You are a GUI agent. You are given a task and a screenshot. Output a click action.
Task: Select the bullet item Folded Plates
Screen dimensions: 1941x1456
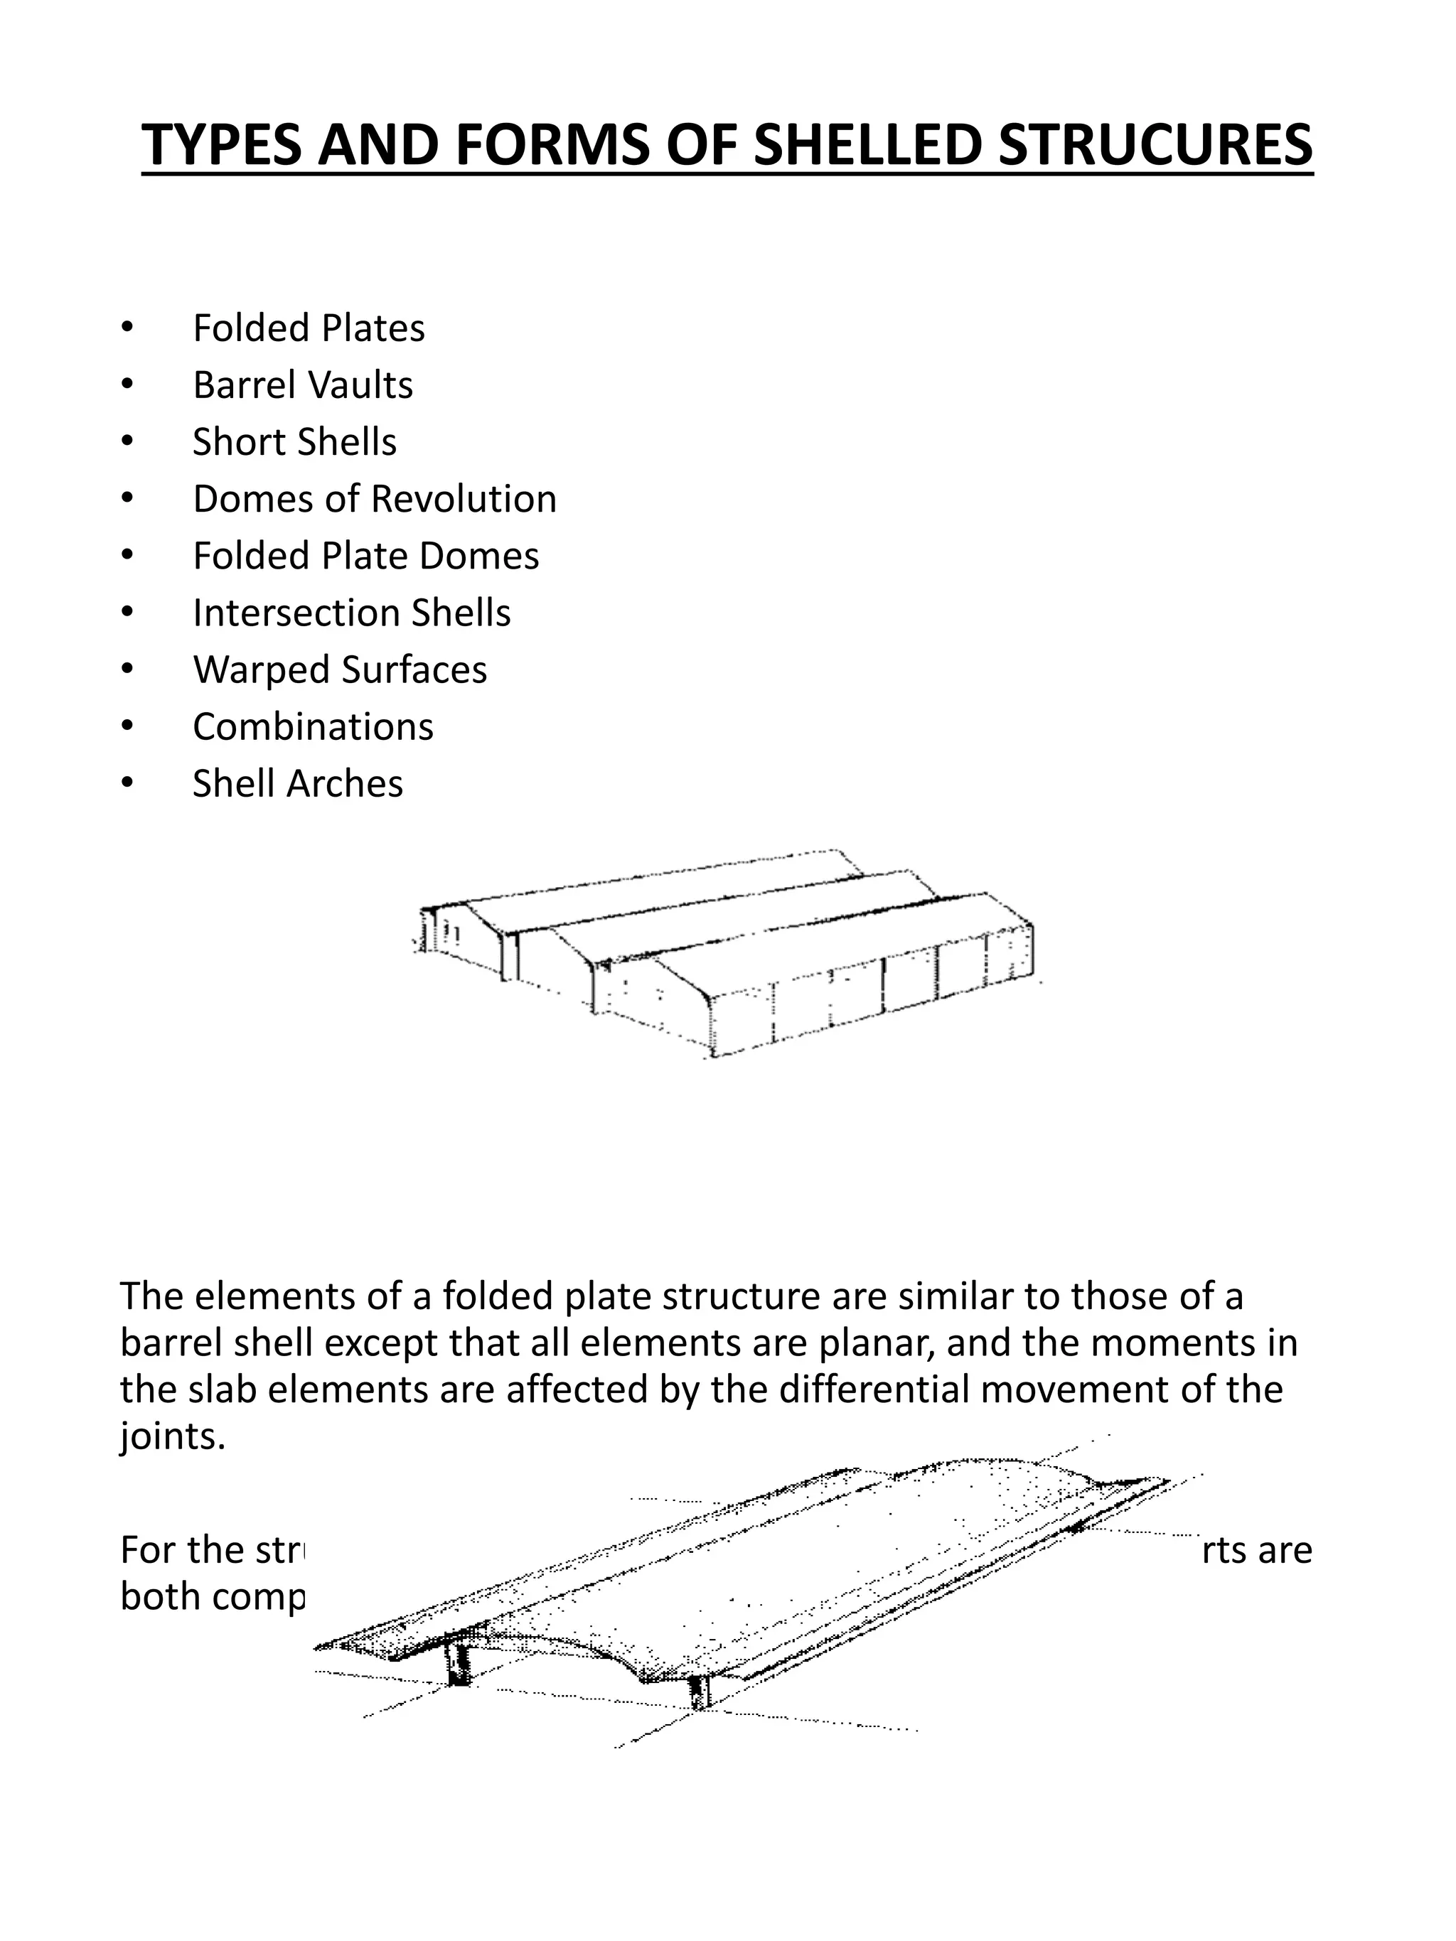[308, 328]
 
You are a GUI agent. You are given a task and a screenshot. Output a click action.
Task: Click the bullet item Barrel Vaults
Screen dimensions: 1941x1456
[303, 385]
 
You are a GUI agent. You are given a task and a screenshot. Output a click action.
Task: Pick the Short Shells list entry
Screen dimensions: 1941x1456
[294, 442]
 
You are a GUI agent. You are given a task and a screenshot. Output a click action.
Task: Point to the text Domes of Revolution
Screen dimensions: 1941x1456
[375, 500]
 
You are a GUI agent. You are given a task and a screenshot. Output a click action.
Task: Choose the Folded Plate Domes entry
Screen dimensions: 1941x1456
[366, 557]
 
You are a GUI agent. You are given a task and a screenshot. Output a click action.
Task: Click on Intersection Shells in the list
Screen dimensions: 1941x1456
[351, 613]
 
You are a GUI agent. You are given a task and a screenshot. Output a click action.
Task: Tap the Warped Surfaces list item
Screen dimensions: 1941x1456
[340, 670]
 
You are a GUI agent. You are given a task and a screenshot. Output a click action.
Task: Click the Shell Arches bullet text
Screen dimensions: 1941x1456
[297, 785]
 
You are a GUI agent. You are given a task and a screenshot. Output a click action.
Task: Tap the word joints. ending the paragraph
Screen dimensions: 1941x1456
[172, 1436]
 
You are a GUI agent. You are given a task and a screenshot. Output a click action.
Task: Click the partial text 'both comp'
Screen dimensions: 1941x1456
[213, 1597]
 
